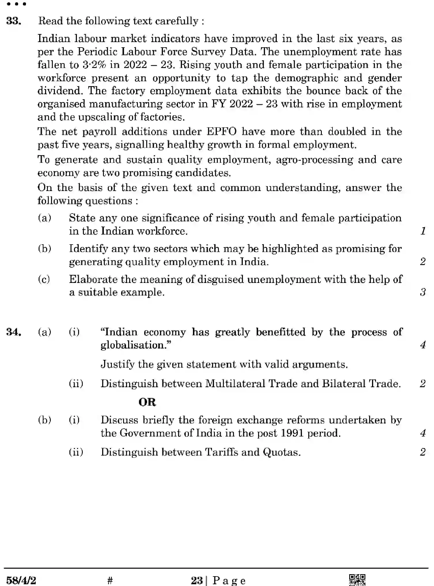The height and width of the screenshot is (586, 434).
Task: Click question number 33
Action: [x=14, y=21]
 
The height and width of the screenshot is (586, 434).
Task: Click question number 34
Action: [x=14, y=332]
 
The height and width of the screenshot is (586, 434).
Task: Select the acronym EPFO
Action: [x=221, y=132]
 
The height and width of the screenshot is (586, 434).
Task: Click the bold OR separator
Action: [x=147, y=402]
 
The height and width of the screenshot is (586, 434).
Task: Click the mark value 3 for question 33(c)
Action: [x=423, y=292]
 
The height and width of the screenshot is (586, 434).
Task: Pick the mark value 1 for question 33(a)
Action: [x=423, y=231]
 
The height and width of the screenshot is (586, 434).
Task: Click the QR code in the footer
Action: [x=357, y=579]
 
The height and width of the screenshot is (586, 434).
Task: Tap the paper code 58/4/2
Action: [x=21, y=580]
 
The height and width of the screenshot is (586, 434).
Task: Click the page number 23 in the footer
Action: [x=197, y=580]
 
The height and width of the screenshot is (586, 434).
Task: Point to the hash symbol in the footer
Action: [x=110, y=580]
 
